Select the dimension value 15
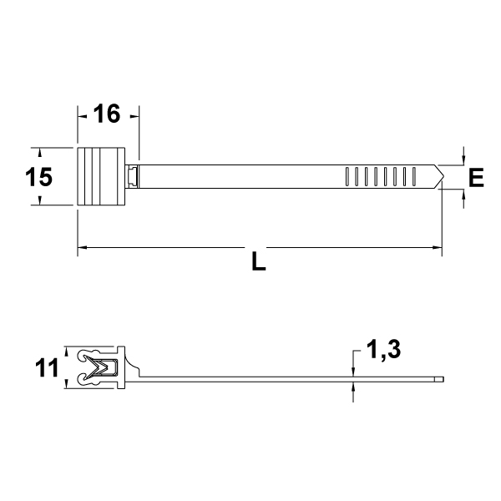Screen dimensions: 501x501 pos(38,177)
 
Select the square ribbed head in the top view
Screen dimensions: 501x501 pos(102,176)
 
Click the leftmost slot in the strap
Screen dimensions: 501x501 pos(347,176)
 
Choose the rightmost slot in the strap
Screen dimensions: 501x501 pos(413,176)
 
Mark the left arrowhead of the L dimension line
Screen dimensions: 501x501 pos(82,248)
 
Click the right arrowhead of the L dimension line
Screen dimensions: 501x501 pos(437,248)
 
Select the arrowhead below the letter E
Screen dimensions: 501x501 pos(463,194)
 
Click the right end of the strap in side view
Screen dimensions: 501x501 pos(443,382)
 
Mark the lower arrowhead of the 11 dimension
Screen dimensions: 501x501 pos(65,385)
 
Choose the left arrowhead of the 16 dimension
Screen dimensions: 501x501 pos(82,115)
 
